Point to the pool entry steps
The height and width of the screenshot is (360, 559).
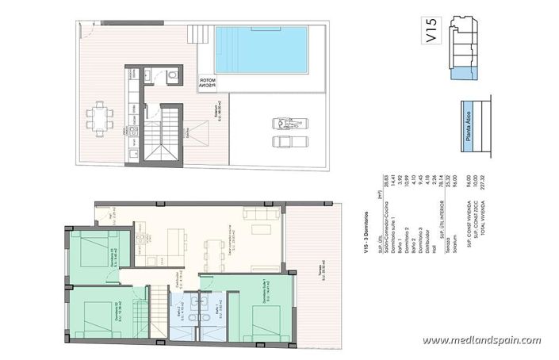point(197,35)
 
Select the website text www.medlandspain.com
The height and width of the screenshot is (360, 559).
point(482,340)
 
